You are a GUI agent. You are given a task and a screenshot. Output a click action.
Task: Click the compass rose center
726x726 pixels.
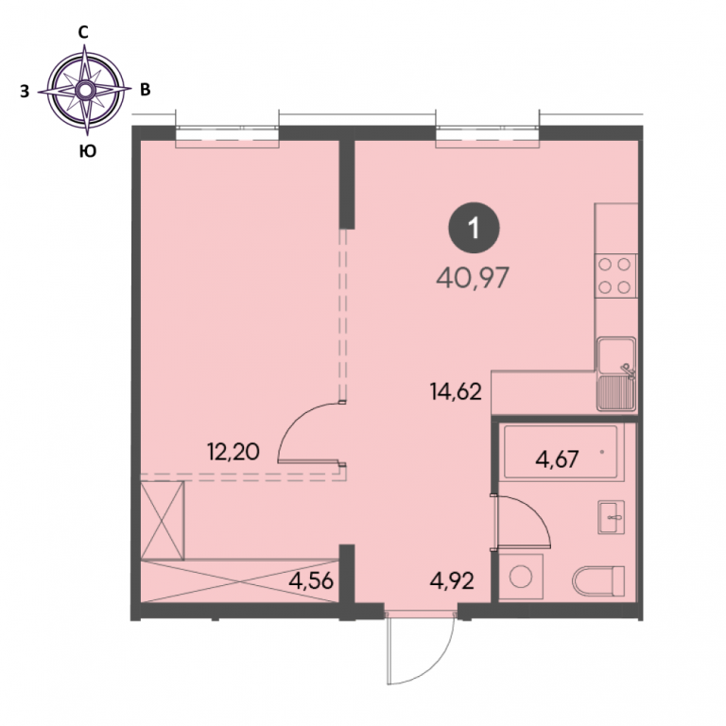pyautogui.click(x=85, y=91)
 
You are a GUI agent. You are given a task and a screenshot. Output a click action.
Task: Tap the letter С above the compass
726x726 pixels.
pyautogui.click(x=83, y=32)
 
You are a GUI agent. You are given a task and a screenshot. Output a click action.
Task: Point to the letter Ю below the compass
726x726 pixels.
pyautogui.click(x=88, y=151)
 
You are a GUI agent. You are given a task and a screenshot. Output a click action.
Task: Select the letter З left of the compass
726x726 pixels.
pyautogui.click(x=25, y=92)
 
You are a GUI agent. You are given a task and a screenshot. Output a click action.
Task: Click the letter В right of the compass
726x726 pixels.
pyautogui.click(x=146, y=90)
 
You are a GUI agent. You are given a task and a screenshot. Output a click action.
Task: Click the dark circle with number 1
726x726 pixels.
pyautogui.click(x=474, y=228)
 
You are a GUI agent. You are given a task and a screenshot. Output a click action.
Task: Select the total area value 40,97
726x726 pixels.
pyautogui.click(x=473, y=278)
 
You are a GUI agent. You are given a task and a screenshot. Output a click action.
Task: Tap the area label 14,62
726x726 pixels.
pyautogui.click(x=456, y=391)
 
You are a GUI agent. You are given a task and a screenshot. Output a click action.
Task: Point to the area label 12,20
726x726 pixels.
pyautogui.click(x=233, y=452)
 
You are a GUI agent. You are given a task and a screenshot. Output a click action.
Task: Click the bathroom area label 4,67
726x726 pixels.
pyautogui.click(x=557, y=459)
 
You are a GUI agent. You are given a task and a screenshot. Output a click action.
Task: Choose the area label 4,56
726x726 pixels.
pyautogui.click(x=311, y=580)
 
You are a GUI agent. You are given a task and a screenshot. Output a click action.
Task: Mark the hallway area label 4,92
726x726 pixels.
pyautogui.click(x=452, y=580)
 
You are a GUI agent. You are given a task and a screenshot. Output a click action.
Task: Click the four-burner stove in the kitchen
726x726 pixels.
pyautogui.click(x=615, y=276)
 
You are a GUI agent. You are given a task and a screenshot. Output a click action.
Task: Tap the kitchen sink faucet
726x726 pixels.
pyautogui.click(x=628, y=372)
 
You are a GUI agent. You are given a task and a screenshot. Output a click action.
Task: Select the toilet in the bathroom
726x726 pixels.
pyautogui.click(x=598, y=580)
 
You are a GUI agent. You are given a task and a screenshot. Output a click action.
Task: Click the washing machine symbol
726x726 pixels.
pyautogui.click(x=521, y=577)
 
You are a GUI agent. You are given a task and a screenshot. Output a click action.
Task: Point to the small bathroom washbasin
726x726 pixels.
pyautogui.click(x=612, y=517)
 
